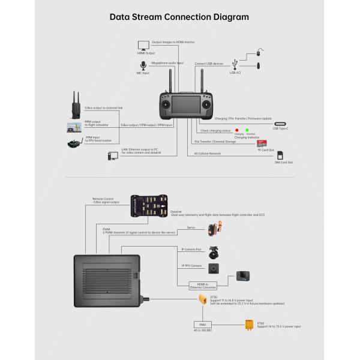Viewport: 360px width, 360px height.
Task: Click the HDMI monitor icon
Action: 143,45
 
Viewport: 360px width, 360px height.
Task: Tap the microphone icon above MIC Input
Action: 143,65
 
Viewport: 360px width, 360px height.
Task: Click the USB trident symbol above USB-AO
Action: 236,62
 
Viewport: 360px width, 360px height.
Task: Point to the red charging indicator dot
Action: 238,130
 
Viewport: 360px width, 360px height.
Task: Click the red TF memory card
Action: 262,143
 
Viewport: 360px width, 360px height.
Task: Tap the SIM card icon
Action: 280,155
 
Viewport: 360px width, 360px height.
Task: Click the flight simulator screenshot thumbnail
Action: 74,127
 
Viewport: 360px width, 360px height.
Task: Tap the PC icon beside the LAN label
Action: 113,155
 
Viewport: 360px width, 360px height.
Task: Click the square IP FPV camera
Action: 213,268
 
